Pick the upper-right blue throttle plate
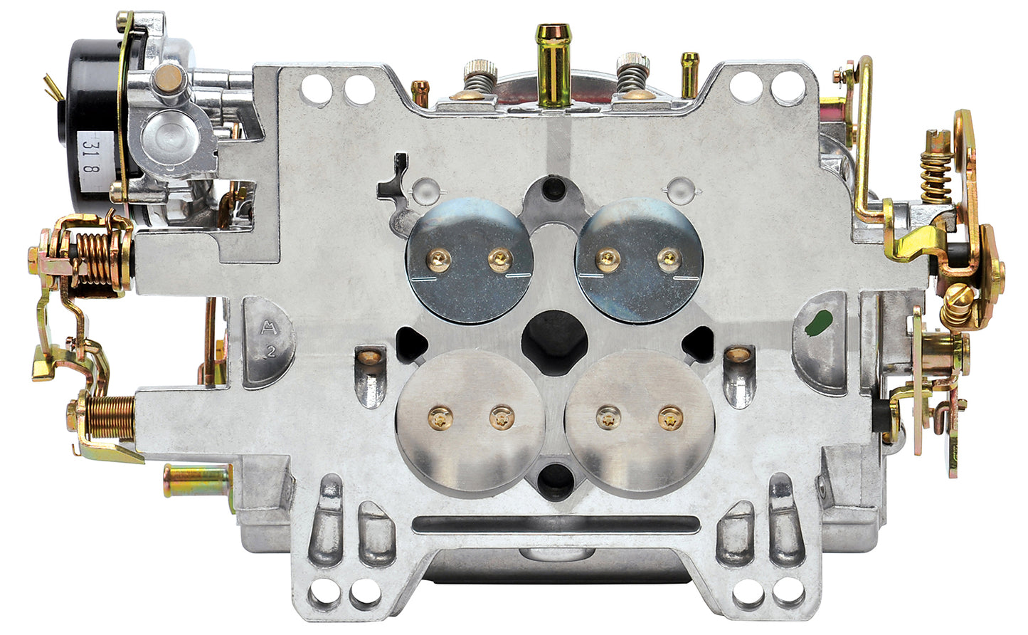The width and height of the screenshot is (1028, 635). [x=638, y=261]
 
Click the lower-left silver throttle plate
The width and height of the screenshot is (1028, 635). [x=470, y=421]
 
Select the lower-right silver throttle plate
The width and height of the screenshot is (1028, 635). [x=640, y=421]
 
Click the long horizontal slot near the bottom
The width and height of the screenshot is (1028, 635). [x=555, y=525]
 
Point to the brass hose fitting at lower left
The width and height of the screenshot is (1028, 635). [x=196, y=478]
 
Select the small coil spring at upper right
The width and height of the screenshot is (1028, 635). [x=936, y=174]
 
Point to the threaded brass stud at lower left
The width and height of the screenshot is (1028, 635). [x=107, y=417]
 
